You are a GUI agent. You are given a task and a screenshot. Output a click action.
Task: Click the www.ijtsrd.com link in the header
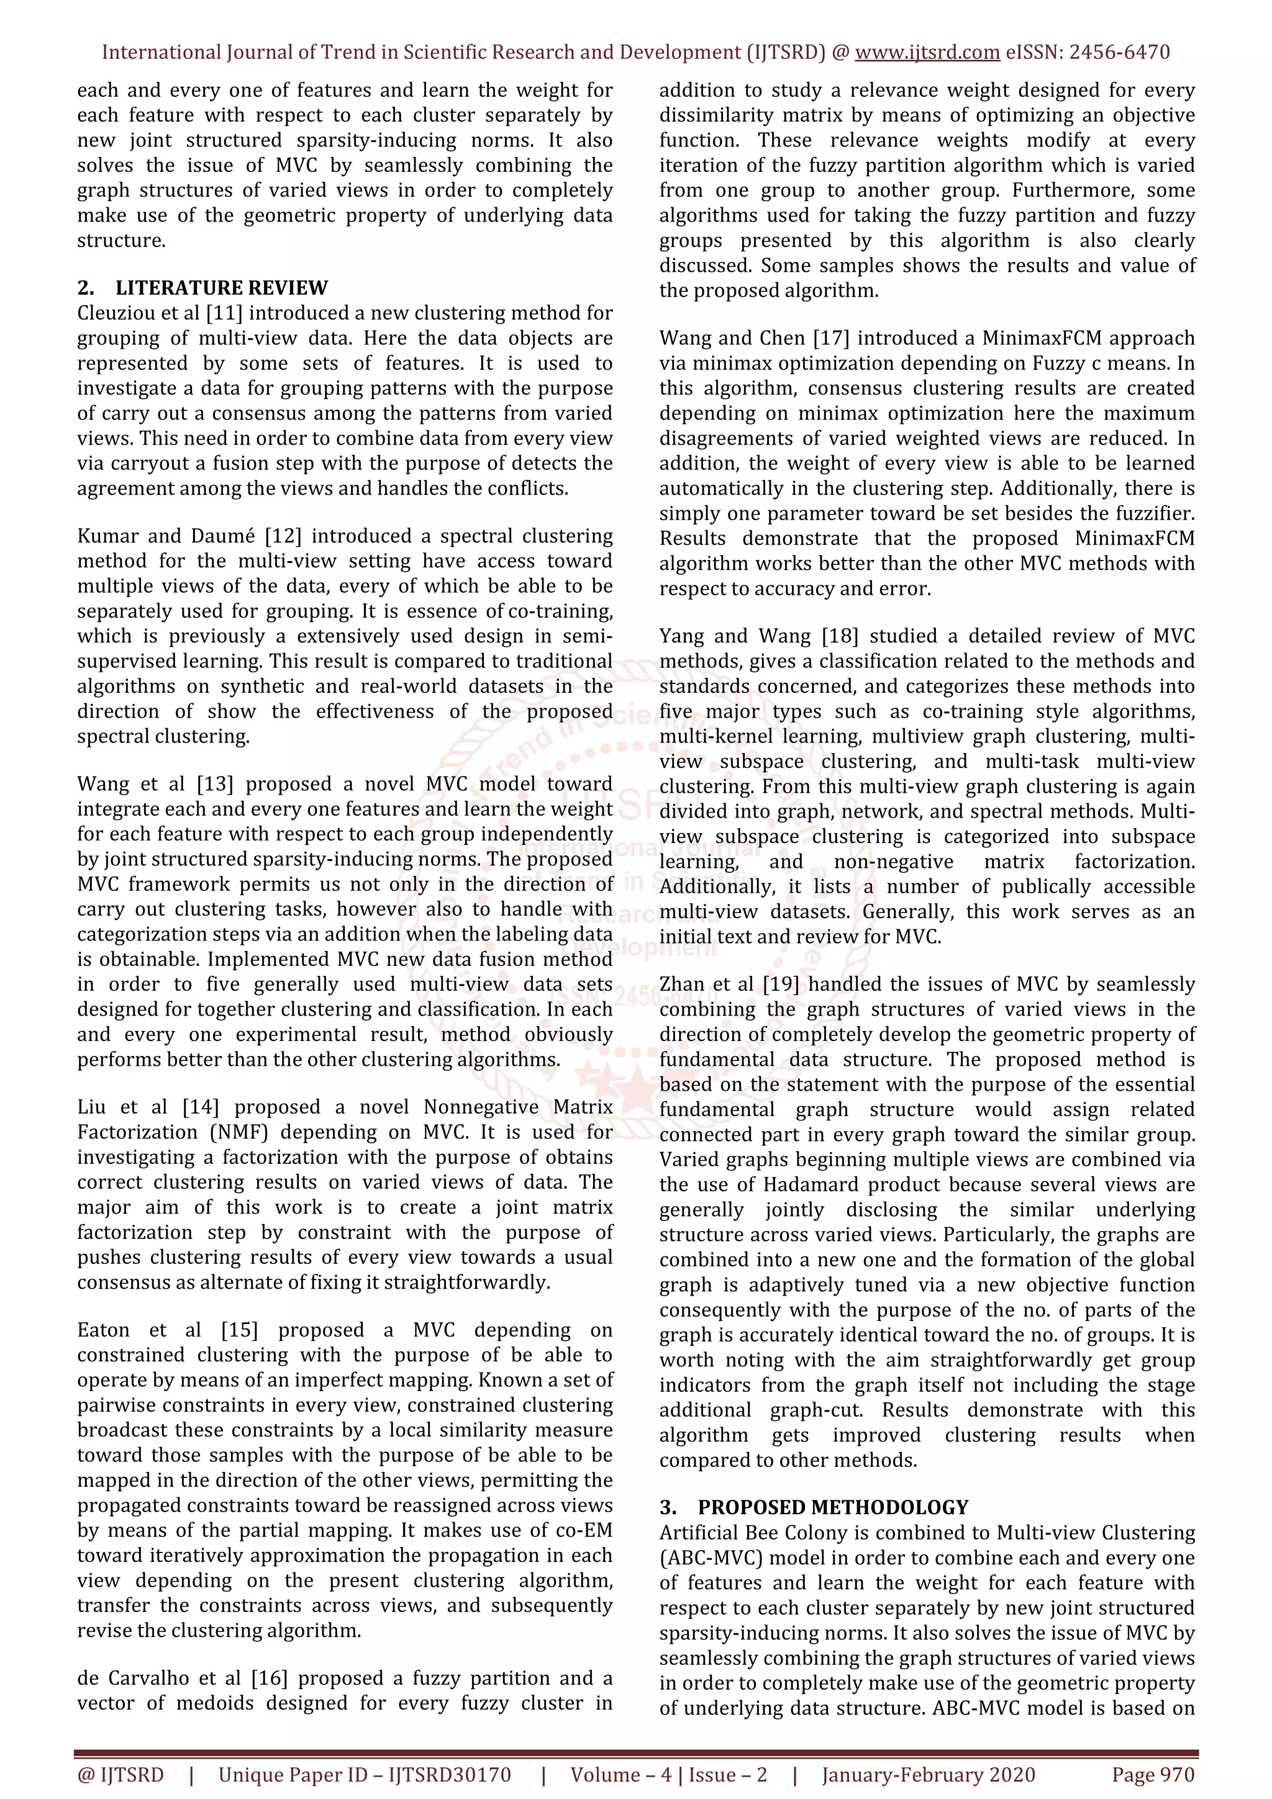click(927, 53)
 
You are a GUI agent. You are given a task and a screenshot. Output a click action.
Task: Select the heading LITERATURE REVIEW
click(222, 287)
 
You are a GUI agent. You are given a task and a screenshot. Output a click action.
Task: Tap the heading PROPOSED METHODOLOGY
click(833, 1507)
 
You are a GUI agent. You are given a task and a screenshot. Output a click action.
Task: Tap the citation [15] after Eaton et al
click(239, 1330)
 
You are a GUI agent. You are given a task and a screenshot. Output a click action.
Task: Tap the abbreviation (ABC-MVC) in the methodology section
click(701, 1558)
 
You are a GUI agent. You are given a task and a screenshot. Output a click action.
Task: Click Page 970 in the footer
click(1152, 1775)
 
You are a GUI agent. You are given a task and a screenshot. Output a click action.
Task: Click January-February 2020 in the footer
click(928, 1775)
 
